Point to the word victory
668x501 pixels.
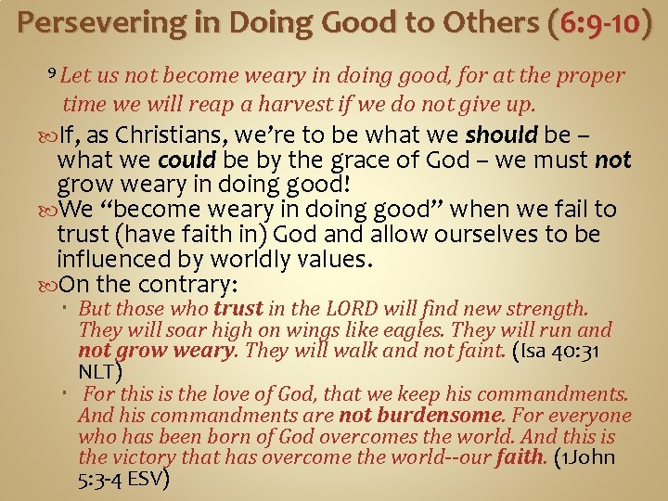[143, 457]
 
